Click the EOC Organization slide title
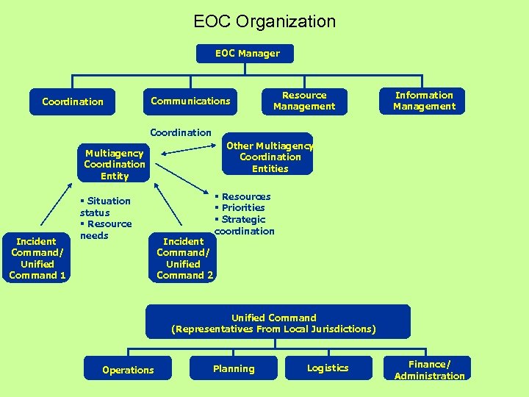[x=264, y=21]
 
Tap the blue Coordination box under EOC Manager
[x=73, y=101]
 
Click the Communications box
[x=190, y=101]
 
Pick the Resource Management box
[x=303, y=101]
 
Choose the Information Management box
[x=424, y=101]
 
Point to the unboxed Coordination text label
[x=180, y=133]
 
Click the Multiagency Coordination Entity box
[x=114, y=165]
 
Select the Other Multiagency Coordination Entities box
[x=270, y=157]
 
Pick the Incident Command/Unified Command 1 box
[x=37, y=258]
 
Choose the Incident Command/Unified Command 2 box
[x=184, y=258]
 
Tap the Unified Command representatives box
[x=278, y=323]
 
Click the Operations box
[x=128, y=370]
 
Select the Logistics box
[x=328, y=368]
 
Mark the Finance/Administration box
[x=429, y=370]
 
